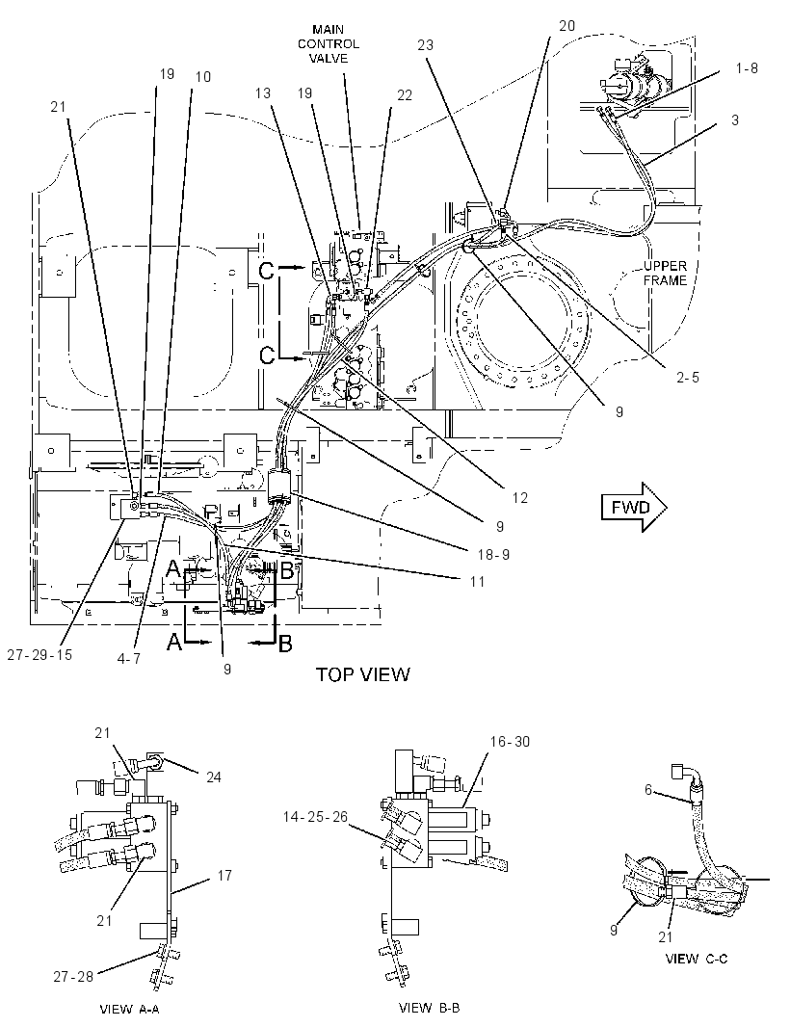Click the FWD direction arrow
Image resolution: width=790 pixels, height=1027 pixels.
634,508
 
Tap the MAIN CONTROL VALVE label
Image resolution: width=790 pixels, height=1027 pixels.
329,44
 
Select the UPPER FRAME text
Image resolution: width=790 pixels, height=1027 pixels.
665,273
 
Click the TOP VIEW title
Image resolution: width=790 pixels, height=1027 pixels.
363,674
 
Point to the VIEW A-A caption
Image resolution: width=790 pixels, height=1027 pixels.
129,1009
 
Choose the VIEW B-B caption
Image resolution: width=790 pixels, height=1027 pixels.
429,1008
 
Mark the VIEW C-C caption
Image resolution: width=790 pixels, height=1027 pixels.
696,959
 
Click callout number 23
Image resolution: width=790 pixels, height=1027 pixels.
425,45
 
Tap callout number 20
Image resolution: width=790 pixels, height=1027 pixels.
566,26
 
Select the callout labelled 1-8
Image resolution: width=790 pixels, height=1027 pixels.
746,67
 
